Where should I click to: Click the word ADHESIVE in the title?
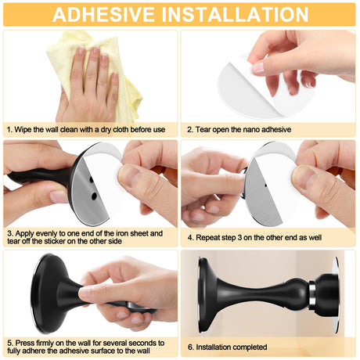[103, 14]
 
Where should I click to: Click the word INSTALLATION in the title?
[236, 14]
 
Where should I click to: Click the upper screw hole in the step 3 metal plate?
[92, 180]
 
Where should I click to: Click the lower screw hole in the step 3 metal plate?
[94, 196]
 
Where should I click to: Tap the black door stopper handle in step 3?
[39, 175]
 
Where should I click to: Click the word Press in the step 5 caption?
[25, 343]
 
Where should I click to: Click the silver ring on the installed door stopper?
[311, 295]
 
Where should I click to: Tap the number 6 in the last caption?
[190, 347]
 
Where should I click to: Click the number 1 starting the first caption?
[9, 129]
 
